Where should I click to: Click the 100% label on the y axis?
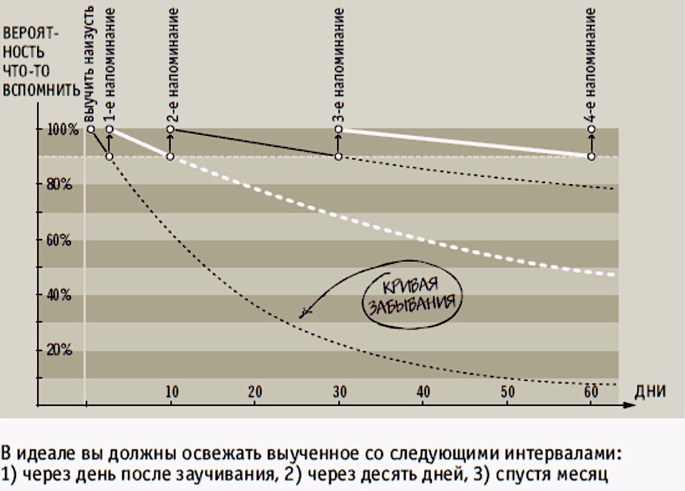(63, 130)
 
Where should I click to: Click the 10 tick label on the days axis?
(171, 391)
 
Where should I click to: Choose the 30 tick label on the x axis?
(339, 391)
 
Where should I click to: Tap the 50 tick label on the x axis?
(507, 391)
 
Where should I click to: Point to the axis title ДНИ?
(650, 391)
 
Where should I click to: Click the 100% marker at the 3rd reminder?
(339, 129)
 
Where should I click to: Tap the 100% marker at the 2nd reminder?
(171, 129)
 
